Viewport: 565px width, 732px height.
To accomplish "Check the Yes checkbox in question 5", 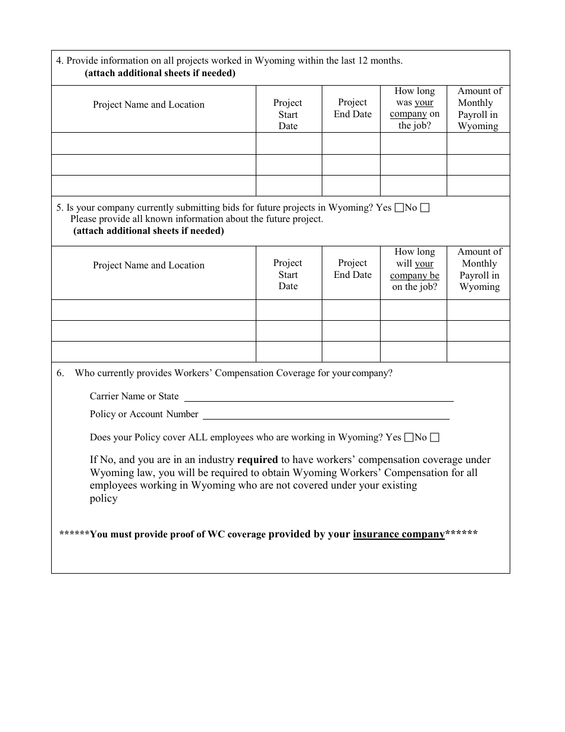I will click(x=399, y=208).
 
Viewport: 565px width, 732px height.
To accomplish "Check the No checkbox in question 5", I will click(x=425, y=208).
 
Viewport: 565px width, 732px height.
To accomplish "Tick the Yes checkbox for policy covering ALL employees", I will click(x=409, y=437).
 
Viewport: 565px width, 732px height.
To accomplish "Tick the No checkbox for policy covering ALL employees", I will click(x=435, y=437).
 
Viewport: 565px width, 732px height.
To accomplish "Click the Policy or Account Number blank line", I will click(x=326, y=415).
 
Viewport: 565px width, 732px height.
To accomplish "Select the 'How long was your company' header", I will click(x=415, y=108).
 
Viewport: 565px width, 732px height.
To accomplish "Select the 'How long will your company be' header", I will click(x=415, y=269).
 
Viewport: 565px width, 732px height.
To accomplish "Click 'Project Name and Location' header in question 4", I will click(x=149, y=105).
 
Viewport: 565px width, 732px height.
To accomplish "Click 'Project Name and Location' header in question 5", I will click(x=149, y=265).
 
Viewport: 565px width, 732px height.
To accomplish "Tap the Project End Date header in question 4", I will click(x=353, y=108).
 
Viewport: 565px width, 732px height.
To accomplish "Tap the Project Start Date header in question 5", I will click(x=288, y=274).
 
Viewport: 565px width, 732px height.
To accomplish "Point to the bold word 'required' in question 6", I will click(x=258, y=459).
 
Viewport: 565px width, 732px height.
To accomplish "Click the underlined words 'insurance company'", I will click(x=398, y=534).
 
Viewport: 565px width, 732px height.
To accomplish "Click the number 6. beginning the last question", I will click(x=60, y=373).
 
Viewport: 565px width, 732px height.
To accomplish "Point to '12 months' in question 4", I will click(x=380, y=61).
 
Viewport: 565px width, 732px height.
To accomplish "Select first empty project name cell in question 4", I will click(x=153, y=143).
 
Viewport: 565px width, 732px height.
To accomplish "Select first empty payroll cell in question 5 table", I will click(x=478, y=310).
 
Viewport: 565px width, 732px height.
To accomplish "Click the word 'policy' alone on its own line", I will click(x=103, y=499).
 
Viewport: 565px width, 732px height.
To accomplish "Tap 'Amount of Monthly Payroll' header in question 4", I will click(x=479, y=108).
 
